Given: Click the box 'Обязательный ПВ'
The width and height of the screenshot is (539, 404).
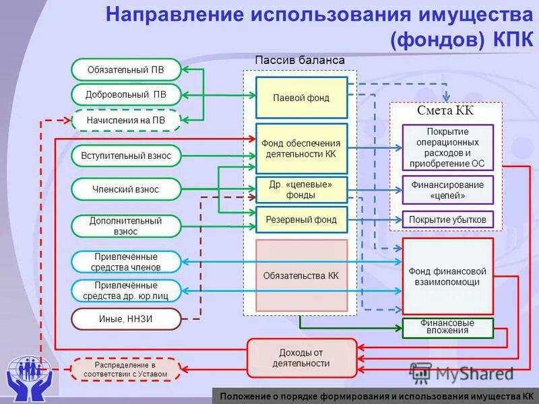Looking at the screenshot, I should tap(126, 69).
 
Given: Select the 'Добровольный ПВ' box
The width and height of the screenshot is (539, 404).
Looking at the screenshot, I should tap(126, 95).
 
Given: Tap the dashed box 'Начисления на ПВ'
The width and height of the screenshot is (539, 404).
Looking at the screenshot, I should tap(126, 121).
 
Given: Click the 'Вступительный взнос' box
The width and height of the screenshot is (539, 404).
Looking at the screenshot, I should tap(126, 156).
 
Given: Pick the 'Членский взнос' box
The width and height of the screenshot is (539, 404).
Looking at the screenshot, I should tap(126, 189).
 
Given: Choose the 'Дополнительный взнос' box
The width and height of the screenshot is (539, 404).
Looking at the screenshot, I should tap(126, 226).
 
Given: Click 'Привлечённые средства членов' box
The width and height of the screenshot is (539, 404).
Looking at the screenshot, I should tap(126, 262).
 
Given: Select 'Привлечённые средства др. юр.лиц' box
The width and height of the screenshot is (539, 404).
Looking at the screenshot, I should tap(126, 291).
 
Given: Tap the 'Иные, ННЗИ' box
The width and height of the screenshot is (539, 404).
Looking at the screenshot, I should tap(126, 319).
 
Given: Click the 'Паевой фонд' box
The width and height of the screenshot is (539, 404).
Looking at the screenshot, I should tap(301, 98).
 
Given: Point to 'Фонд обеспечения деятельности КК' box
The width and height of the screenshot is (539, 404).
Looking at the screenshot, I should tap(301, 148).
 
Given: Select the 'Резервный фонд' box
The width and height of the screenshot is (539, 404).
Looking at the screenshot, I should tap(301, 220).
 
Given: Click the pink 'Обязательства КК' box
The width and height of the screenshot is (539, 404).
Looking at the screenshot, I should tap(301, 275).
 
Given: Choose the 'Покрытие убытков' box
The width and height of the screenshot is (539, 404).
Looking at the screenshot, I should tap(447, 220).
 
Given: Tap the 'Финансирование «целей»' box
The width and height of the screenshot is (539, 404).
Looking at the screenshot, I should tap(447, 190).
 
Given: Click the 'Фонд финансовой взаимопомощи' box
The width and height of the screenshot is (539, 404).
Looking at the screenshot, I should tap(447, 276).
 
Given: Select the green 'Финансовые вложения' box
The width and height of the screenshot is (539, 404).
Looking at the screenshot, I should tap(447, 327).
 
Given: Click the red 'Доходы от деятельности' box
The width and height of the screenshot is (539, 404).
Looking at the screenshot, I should tap(301, 358).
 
